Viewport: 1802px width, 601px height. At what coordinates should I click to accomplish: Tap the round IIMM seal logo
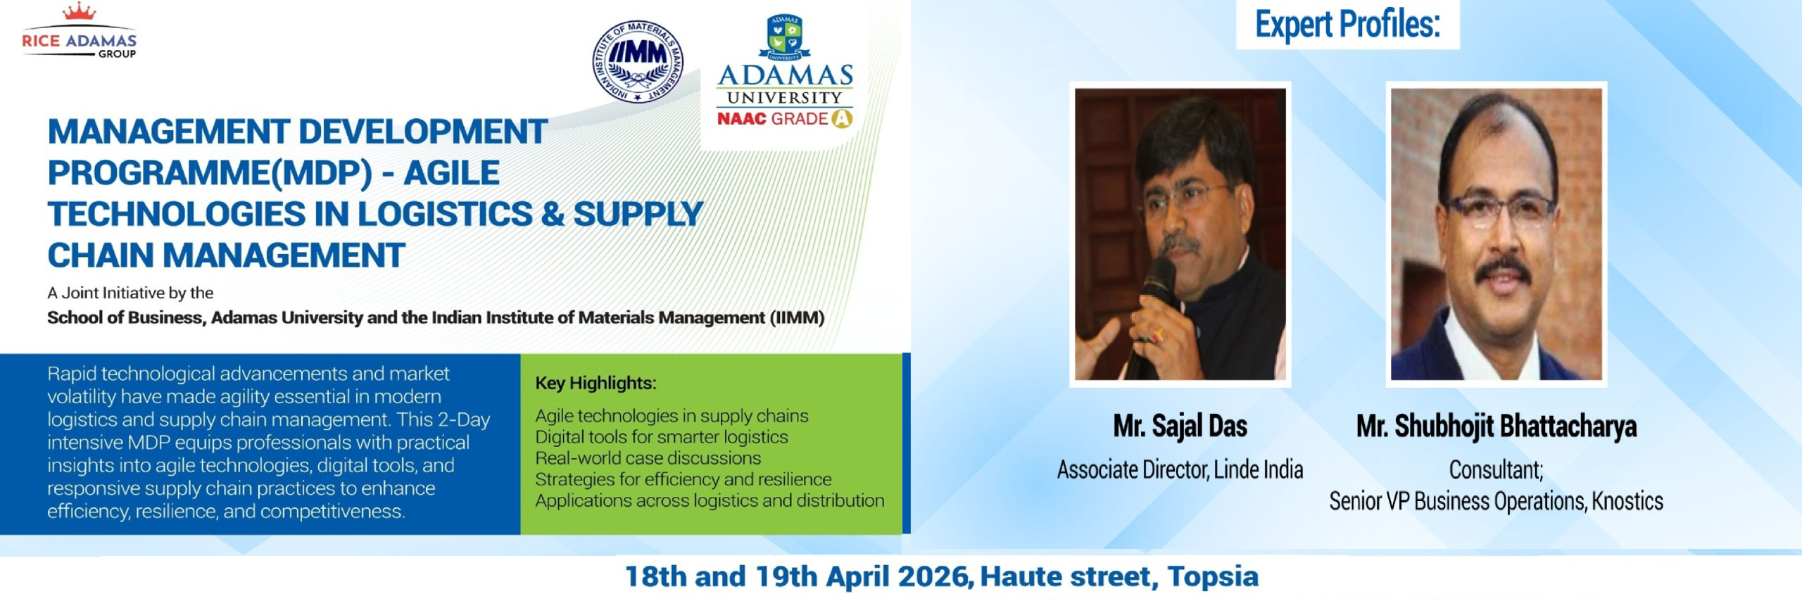click(638, 61)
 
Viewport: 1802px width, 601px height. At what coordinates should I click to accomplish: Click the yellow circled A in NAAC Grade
click(842, 119)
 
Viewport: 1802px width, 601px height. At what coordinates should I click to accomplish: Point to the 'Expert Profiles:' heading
click(1348, 25)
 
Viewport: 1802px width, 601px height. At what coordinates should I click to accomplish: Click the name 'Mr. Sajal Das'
click(1180, 426)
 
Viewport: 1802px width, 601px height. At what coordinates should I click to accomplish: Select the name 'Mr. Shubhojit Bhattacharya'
click(1497, 426)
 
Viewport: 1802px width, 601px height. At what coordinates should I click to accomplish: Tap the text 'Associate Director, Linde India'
click(1180, 469)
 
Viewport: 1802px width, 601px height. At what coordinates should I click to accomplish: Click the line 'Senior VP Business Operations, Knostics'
click(1497, 501)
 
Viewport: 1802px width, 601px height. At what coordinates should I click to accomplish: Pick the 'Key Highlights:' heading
click(596, 383)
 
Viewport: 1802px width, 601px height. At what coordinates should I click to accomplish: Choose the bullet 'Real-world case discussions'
click(648, 458)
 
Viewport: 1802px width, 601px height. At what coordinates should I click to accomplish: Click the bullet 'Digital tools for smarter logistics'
click(661, 437)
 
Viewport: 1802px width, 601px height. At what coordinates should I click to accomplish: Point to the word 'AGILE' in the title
click(451, 173)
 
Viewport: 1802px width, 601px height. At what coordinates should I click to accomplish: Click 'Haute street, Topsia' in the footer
click(1119, 576)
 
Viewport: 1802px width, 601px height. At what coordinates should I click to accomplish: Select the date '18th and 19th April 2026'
click(799, 576)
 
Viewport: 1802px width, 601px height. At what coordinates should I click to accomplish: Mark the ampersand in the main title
click(553, 214)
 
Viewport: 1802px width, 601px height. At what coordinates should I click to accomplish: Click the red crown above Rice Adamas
click(79, 11)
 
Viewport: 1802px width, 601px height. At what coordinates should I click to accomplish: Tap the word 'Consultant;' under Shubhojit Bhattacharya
click(1496, 469)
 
